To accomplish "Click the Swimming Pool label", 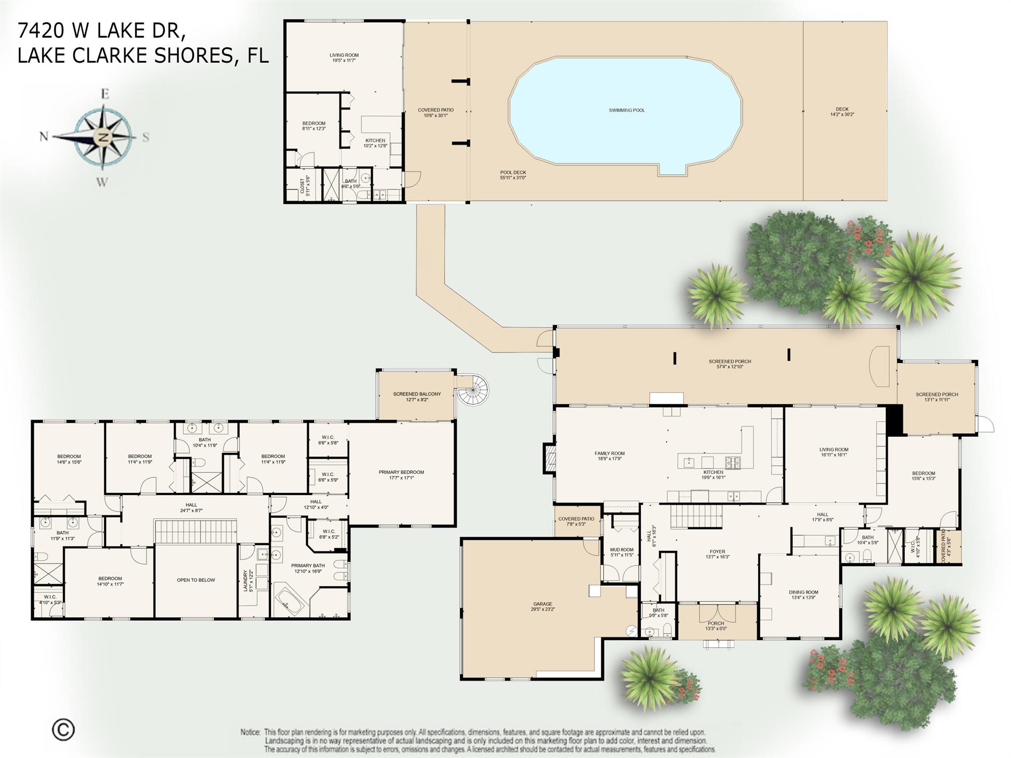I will point(626,111).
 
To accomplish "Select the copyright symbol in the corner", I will point(63,729).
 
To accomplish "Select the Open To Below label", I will point(196,580).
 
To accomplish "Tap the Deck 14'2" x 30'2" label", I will point(842,112).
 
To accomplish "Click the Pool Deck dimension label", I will point(513,175).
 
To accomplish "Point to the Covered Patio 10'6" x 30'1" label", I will point(435,113).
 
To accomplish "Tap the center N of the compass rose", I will point(104,137).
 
